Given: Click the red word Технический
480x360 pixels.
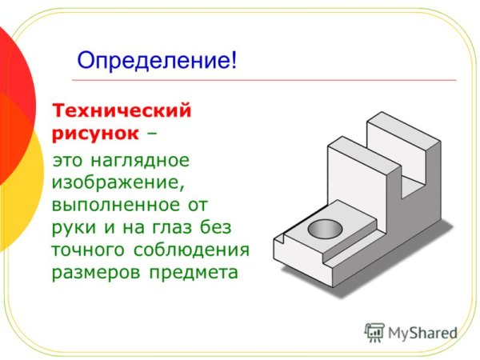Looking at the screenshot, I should pos(122,108).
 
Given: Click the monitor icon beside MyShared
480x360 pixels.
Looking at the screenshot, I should pos(374,331).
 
